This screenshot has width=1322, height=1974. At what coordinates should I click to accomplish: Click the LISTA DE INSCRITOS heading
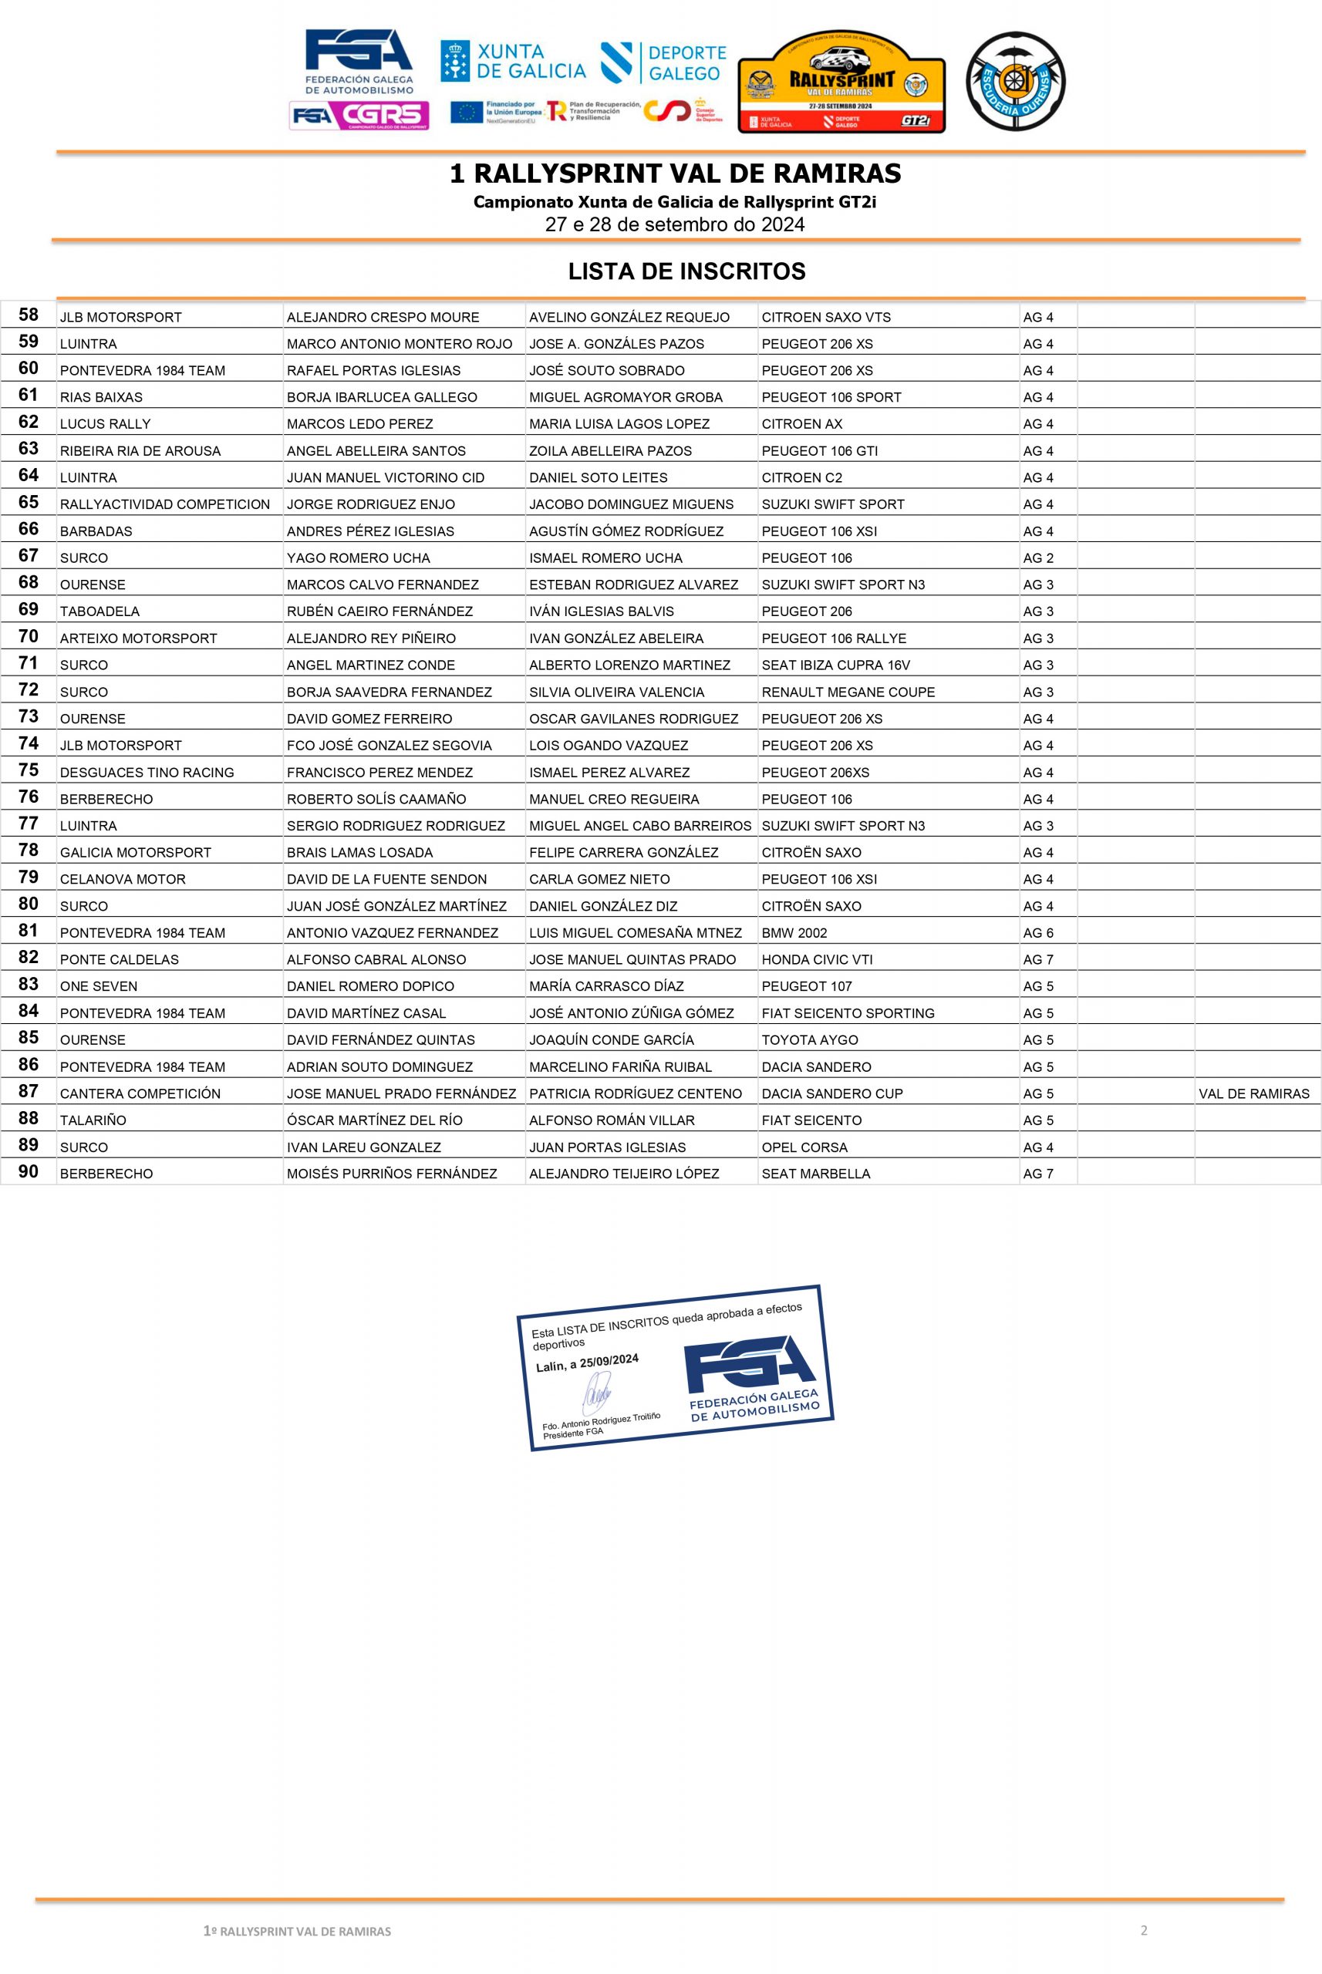[686, 271]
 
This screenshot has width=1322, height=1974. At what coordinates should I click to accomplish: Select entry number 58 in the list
[29, 315]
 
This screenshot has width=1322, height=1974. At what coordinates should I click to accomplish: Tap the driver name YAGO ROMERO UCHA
[359, 558]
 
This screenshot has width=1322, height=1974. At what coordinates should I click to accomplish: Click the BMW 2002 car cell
[794, 933]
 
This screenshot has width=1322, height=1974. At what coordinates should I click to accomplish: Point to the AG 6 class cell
[1038, 933]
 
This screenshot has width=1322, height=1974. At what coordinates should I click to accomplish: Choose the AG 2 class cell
[1038, 558]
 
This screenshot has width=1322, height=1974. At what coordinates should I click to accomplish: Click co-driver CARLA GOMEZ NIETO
[599, 879]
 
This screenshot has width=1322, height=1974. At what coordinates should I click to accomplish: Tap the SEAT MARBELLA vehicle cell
[815, 1174]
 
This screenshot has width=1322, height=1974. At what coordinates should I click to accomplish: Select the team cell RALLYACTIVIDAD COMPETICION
[164, 504]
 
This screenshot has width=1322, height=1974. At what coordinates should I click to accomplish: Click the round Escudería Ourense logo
[1015, 82]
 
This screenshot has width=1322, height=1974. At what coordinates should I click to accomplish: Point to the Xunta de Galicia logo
[513, 62]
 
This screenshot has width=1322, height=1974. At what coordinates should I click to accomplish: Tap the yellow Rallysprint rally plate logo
[841, 83]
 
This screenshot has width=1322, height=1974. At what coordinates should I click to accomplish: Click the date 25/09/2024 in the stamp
[609, 1361]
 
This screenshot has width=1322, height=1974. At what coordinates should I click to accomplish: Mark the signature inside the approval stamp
[597, 1393]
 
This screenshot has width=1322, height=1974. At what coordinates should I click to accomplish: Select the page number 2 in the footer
[1143, 1930]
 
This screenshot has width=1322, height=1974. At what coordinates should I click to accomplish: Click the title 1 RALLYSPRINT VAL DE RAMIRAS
[676, 173]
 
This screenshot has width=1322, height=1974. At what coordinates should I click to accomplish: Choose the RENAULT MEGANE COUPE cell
[848, 692]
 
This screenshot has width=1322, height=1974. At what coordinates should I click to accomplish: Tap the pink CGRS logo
[359, 116]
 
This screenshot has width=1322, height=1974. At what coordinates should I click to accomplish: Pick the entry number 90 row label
[29, 1171]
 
